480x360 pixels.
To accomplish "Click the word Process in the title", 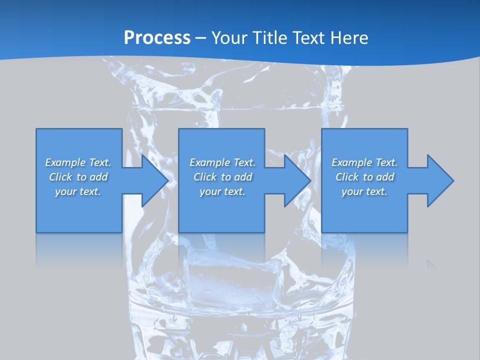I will click(157, 37).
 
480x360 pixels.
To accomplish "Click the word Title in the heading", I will click(271, 37).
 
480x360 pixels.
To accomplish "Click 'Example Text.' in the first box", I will click(78, 162).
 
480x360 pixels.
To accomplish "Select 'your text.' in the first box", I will click(78, 191).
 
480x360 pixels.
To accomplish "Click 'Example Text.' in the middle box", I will click(222, 162).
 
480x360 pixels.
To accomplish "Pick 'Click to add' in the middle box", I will click(222, 177).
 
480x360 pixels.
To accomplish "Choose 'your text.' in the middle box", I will click(222, 191).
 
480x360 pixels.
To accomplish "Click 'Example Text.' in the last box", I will click(364, 162).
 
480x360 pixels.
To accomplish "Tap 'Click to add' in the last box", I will click(364, 177).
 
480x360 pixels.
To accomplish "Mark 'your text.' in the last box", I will click(364, 191).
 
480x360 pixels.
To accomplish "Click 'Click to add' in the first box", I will click(78, 177).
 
